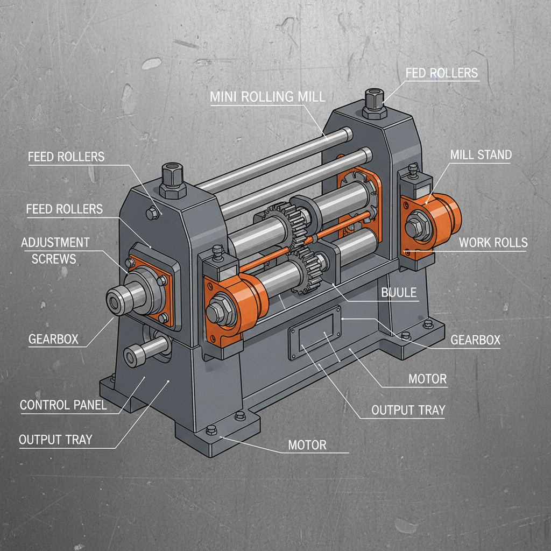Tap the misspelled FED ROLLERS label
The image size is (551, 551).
(x=441, y=73)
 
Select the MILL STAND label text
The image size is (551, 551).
(x=481, y=155)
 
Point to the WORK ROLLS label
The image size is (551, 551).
(x=493, y=242)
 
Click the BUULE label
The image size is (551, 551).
(x=399, y=293)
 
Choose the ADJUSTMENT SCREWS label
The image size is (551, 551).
(x=55, y=250)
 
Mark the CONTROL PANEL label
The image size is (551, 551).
(x=63, y=405)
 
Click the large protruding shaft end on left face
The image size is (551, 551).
(x=117, y=299)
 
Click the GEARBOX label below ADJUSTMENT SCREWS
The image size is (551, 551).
(x=53, y=339)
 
